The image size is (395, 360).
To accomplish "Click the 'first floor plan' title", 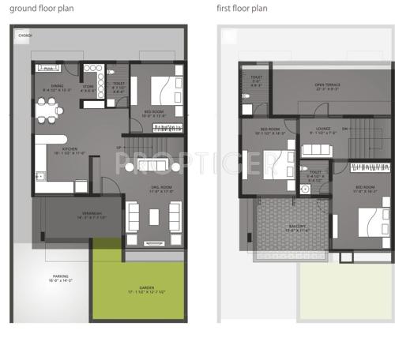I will coord(243,8).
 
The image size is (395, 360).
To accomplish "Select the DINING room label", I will coord(56,87).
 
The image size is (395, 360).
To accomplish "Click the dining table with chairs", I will coord(49,111).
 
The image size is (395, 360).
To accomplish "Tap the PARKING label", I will coord(60,276).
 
